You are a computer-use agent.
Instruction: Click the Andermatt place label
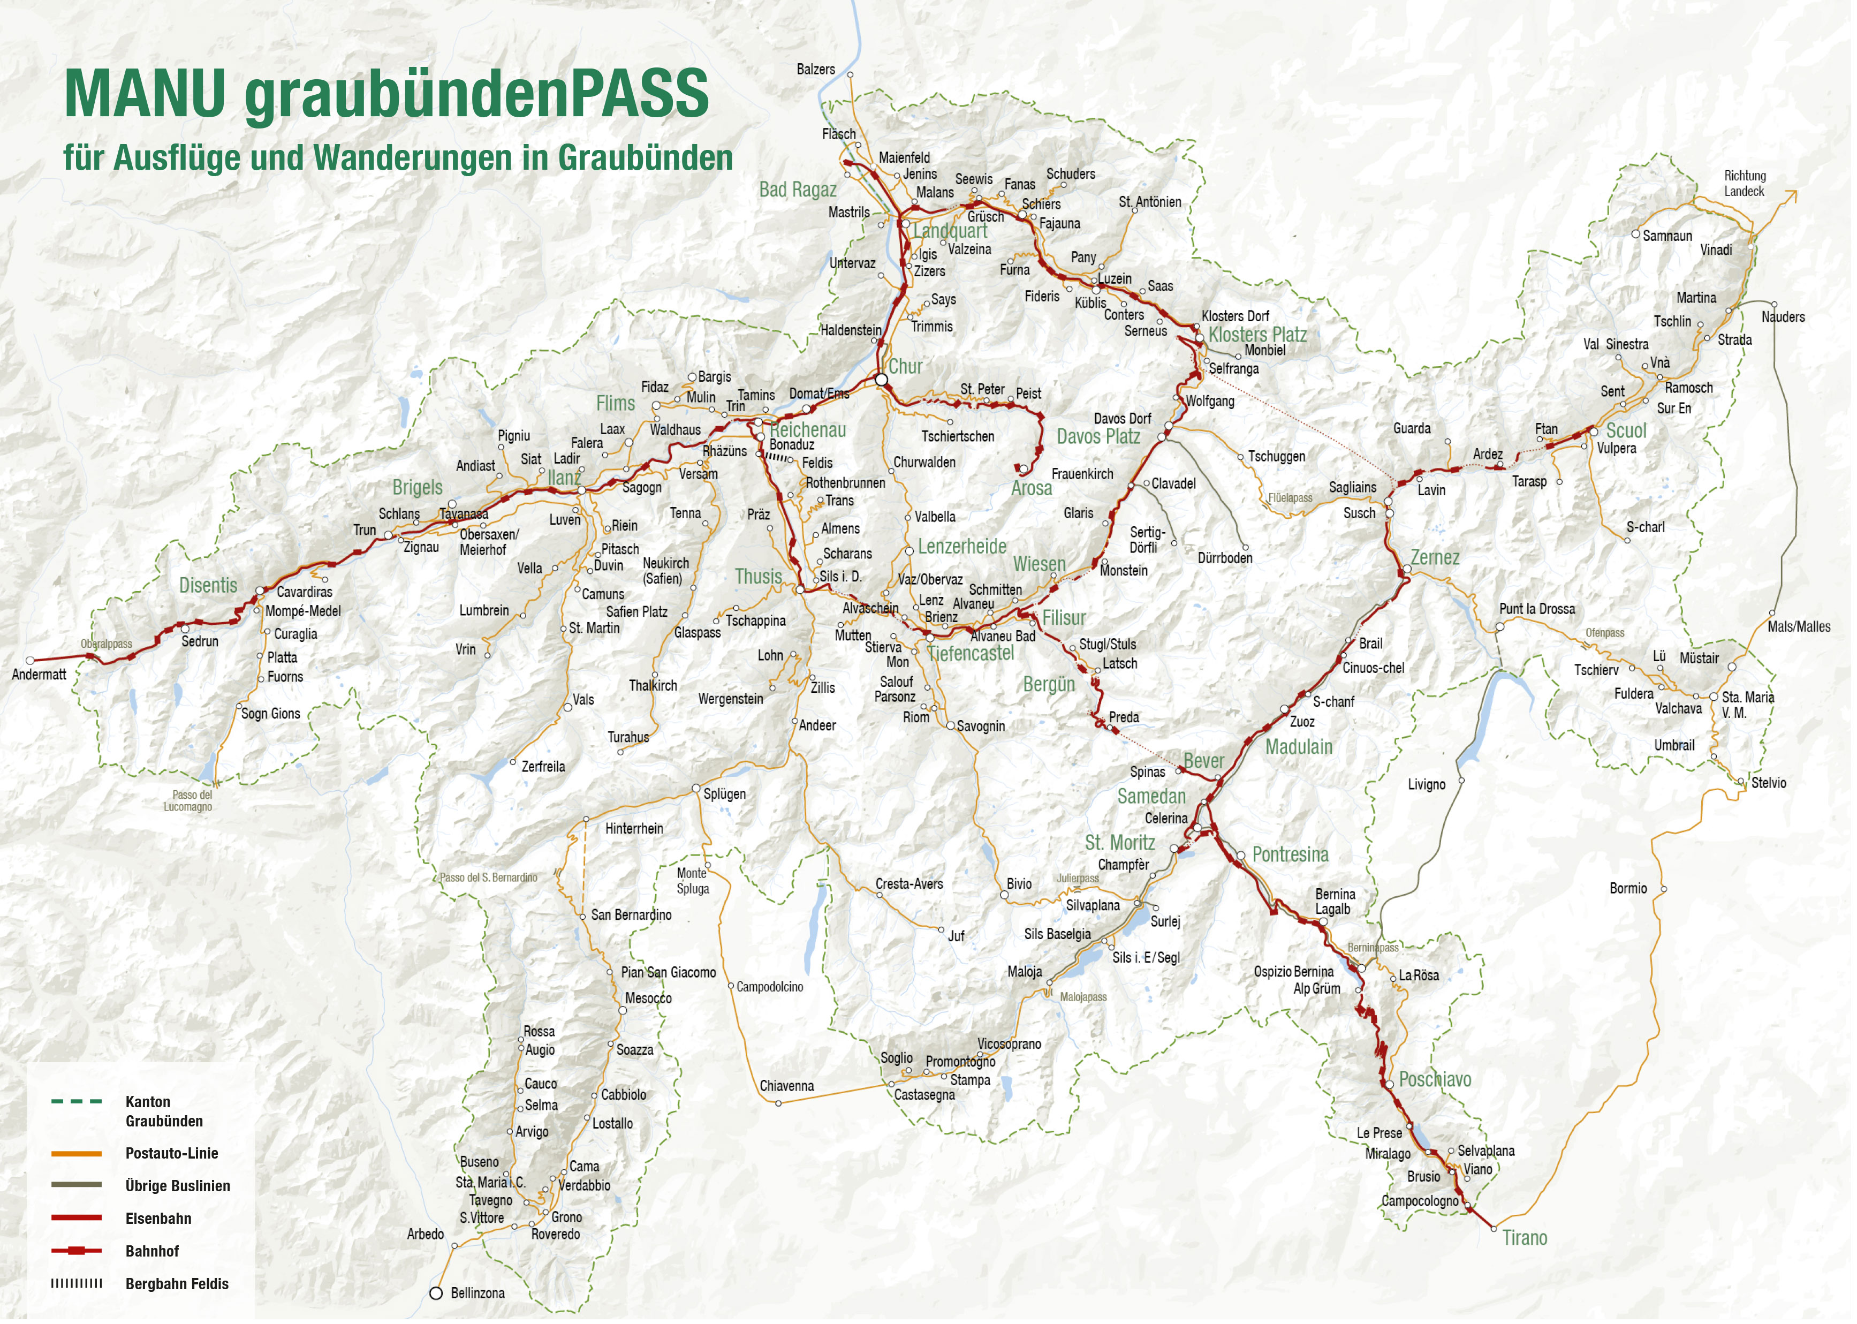pos(39,674)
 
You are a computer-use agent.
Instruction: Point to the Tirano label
pos(1525,1238)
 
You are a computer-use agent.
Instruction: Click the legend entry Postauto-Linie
pos(171,1153)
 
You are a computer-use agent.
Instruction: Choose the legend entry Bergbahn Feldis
pos(177,1283)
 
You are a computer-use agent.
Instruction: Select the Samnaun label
pos(1667,236)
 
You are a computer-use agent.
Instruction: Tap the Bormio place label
pos(1627,888)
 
